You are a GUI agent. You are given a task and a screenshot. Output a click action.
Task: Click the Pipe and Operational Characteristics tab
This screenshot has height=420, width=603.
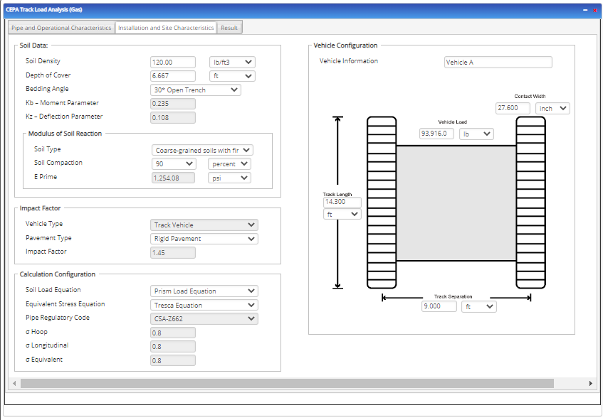61,28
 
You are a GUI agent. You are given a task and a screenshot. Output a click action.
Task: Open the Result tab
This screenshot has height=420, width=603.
229,28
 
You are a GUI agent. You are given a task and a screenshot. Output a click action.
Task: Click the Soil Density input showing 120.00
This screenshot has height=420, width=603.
172,63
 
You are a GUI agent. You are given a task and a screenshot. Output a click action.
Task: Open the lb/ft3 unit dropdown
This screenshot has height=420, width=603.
231,63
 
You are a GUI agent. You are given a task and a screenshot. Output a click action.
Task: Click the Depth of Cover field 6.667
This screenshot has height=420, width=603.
172,76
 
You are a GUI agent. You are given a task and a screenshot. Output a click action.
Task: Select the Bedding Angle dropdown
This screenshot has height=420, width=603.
196,90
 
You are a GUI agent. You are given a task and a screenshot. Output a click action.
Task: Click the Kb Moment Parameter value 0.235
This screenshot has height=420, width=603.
172,104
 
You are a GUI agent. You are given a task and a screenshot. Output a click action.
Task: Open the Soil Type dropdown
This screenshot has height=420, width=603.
203,150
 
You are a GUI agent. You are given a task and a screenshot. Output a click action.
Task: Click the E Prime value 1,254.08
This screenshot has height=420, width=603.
172,178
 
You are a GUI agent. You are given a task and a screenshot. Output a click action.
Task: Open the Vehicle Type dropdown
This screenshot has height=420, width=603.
204,225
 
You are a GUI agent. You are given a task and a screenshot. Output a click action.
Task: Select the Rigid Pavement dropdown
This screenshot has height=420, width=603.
204,239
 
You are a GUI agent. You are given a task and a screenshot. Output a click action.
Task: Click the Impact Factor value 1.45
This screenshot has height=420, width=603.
172,252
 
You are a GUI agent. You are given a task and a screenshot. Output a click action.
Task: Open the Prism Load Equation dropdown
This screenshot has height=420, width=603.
204,291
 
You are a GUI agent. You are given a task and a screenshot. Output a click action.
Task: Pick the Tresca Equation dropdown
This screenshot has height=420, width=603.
204,306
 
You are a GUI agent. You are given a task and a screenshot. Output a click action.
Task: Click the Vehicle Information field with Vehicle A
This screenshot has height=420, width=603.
498,63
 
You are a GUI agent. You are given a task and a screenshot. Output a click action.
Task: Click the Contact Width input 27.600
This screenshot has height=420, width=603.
513,109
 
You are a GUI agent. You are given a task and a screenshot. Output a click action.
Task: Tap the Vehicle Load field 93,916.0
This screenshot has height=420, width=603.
436,134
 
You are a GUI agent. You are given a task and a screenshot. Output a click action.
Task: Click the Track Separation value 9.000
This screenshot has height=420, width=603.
438,306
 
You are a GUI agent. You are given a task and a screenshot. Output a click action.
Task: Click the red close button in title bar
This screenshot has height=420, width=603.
594,11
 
